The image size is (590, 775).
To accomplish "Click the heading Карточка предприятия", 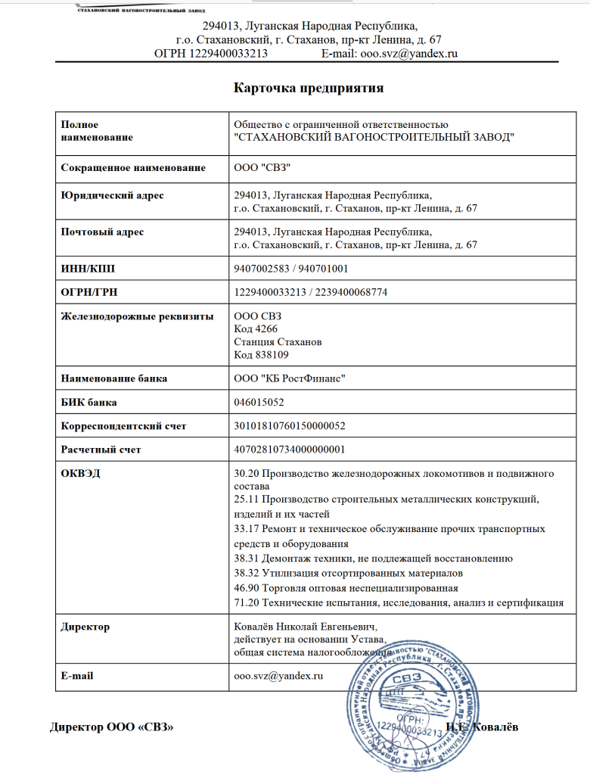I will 309,88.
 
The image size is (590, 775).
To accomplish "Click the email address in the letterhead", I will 390,54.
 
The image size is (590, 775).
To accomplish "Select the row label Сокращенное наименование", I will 132,167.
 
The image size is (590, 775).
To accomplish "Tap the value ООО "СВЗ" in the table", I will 262,167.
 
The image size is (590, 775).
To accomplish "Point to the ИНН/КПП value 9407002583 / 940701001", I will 291,269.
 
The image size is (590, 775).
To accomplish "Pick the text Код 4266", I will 257,329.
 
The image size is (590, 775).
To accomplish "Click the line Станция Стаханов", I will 278,342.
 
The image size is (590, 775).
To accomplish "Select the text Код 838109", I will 262,354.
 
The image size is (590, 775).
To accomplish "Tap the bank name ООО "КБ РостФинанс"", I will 290,378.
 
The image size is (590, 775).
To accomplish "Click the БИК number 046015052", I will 260,403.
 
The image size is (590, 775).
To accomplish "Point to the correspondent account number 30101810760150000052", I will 290,426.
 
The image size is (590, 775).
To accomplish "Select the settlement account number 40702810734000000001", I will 290,450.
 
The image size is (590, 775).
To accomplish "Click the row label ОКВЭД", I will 79,474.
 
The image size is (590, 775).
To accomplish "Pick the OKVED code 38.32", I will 247,573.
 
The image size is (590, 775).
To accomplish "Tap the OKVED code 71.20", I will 247,602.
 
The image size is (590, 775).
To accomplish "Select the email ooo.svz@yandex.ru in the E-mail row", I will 279,675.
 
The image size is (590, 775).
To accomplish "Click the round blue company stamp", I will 408,704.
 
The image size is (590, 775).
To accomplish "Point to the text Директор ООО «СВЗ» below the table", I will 112,728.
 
